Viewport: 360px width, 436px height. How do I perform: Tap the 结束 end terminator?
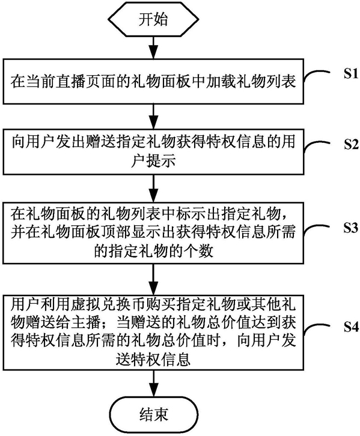click(x=154, y=414)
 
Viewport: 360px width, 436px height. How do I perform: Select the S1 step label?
click(x=350, y=74)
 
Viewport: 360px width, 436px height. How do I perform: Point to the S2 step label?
click(x=350, y=145)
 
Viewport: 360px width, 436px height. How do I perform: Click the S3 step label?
click(x=350, y=228)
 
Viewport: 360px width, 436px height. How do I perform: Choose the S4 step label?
click(x=350, y=327)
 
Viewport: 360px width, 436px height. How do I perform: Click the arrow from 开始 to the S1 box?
click(x=153, y=47)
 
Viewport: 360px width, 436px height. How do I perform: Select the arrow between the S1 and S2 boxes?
click(x=153, y=117)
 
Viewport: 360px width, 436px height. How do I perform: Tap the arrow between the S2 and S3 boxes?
click(x=153, y=189)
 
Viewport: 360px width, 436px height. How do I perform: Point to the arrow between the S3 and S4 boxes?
click(x=153, y=279)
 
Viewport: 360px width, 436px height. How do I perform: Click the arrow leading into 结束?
click(x=154, y=384)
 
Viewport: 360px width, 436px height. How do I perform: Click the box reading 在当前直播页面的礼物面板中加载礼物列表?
click(x=153, y=82)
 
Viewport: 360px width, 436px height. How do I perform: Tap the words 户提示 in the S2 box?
click(x=153, y=161)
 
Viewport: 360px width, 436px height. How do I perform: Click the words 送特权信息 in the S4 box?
click(x=153, y=359)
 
